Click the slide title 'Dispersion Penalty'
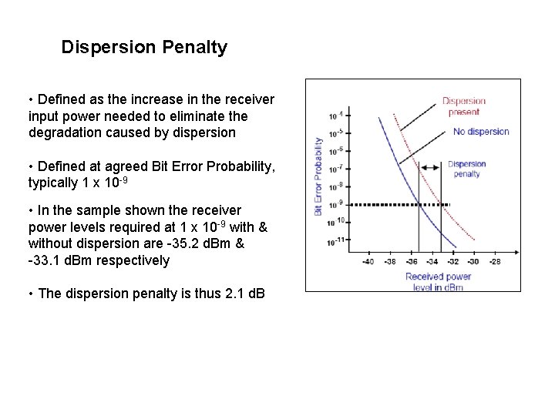pyautogui.click(x=144, y=48)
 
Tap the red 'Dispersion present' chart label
pyautogui.click(x=464, y=106)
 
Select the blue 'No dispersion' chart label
pyautogui.click(x=481, y=131)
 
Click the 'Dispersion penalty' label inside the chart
pyautogui.click(x=466, y=169)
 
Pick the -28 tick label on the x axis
pyautogui.click(x=494, y=262)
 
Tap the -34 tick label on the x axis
pyautogui.click(x=432, y=262)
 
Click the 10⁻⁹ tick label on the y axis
pyautogui.click(x=335, y=204)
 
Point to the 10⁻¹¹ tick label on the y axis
pyautogui.click(x=335, y=241)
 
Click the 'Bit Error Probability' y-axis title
pyautogui.click(x=318, y=176)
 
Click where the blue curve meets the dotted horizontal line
pyautogui.click(x=418, y=204)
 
